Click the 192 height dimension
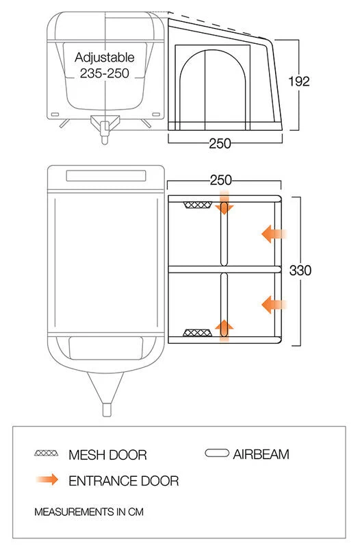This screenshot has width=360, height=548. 299,82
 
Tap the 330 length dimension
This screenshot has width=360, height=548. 300,270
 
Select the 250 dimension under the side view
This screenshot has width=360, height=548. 220,143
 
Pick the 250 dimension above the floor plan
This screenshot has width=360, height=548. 220,180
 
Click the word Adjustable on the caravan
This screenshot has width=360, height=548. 105,58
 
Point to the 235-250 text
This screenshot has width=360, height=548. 105,73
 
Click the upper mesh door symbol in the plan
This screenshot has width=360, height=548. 198,205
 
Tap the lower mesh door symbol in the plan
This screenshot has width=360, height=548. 198,332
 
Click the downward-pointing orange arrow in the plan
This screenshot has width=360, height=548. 224,203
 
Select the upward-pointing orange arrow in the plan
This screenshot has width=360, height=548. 224,330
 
